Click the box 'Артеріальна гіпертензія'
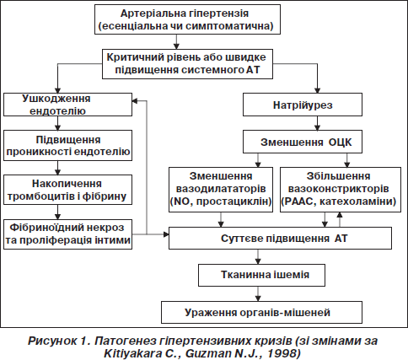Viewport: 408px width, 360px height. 187,19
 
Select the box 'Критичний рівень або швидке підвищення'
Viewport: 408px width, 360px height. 187,64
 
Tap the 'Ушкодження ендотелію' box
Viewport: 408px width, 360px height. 67,105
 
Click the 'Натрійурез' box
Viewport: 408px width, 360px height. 303,105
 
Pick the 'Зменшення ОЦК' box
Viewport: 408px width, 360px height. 303,142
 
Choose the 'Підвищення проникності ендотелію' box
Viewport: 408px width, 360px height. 67,145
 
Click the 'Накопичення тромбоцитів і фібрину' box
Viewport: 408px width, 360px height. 67,190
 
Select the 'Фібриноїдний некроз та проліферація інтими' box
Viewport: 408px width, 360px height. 67,234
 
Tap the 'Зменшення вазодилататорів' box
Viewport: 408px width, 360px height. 221,190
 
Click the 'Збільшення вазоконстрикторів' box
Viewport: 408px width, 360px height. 341,190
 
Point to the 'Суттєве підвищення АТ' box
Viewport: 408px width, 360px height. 280,238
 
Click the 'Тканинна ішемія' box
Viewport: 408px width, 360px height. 262,275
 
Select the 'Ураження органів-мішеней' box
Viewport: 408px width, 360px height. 261,312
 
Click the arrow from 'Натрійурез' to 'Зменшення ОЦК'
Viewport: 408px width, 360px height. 318,123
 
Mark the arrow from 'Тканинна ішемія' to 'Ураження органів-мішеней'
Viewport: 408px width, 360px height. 258,293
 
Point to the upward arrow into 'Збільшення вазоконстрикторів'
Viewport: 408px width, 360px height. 340,219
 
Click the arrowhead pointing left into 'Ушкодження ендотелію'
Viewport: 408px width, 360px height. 135,100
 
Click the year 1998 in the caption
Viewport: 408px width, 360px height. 282,353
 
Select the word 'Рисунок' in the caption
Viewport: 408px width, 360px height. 52,341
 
